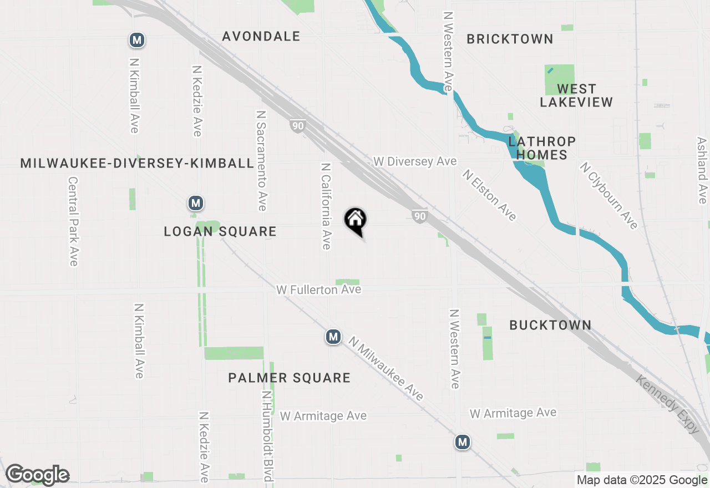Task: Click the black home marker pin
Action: coord(356,221)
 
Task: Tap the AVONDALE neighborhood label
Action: coord(261,37)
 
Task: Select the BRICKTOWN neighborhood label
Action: coord(510,39)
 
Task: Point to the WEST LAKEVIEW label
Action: coord(576,95)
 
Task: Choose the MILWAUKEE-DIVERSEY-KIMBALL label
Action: coord(137,163)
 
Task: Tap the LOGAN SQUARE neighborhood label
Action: coord(220,232)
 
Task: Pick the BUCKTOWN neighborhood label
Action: coord(550,325)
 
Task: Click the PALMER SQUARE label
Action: coord(290,378)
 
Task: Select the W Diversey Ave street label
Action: coord(415,161)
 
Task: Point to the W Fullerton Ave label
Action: coord(319,289)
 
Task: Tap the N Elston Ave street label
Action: coord(490,195)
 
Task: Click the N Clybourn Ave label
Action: coord(609,195)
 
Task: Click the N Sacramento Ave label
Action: coord(261,160)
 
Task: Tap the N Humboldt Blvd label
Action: coord(267,436)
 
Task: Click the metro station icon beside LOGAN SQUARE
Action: coord(195,203)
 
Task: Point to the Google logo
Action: coord(37,475)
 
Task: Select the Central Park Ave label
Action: coord(73,221)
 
